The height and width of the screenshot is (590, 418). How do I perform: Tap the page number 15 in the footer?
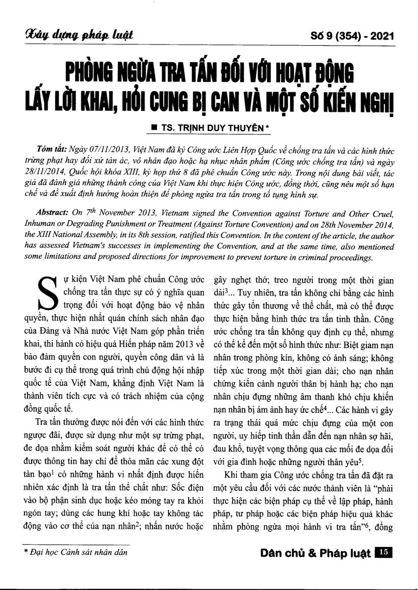point(382,552)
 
